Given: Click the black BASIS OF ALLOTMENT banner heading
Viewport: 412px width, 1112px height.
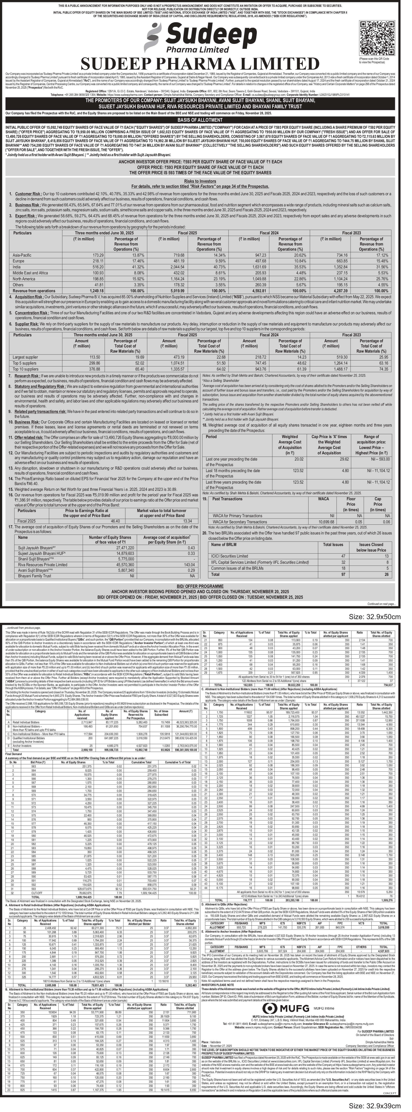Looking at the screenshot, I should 200,120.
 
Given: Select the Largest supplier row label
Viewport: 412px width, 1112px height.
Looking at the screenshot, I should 25,357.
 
